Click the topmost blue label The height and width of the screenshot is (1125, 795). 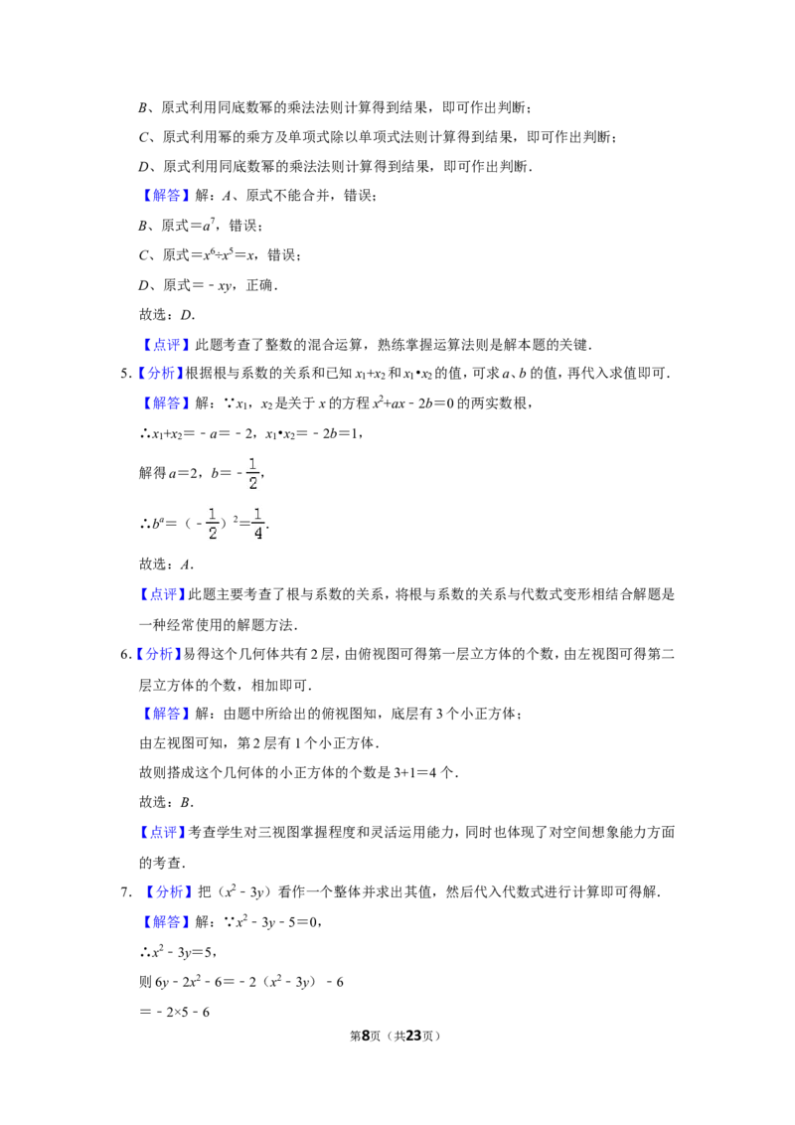(166, 196)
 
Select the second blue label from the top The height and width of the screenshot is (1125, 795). (166, 346)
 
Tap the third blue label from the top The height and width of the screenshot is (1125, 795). (159, 374)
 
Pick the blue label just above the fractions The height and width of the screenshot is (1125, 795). (166, 403)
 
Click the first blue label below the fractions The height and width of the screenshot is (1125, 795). (163, 594)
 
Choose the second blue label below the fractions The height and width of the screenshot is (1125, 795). (159, 655)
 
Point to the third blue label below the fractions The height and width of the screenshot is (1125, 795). (166, 714)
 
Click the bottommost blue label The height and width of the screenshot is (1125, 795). (166, 922)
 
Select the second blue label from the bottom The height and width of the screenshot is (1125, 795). (167, 891)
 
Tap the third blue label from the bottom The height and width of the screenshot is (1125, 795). (163, 832)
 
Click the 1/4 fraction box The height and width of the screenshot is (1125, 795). (257, 525)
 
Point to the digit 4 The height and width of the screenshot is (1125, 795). (258, 535)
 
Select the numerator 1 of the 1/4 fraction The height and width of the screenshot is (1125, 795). (258, 514)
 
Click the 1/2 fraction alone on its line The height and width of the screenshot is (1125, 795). (250, 473)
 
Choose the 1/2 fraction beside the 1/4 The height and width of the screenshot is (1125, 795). (211, 525)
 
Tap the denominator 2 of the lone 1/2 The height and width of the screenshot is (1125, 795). (252, 483)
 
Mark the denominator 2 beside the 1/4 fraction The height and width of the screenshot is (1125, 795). (212, 535)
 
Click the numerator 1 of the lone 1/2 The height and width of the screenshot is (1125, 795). (252, 463)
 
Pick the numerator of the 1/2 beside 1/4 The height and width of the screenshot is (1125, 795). (212, 514)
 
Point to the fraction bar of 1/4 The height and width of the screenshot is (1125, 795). (258, 524)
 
